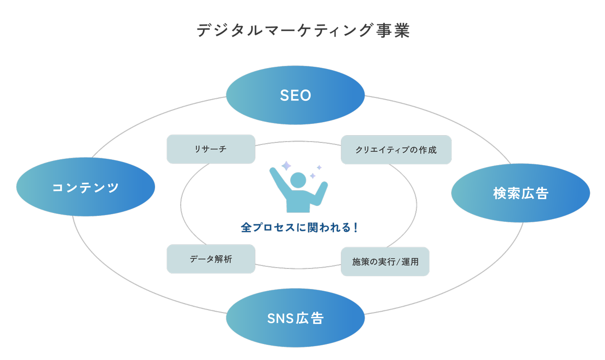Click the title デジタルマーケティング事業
(x=303, y=30)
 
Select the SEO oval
(x=295, y=95)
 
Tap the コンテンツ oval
(x=86, y=187)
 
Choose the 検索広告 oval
(x=521, y=193)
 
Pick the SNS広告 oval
(x=295, y=318)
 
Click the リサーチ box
(x=211, y=149)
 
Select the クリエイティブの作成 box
(x=396, y=150)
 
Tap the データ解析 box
(x=211, y=259)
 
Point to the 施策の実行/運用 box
(x=385, y=261)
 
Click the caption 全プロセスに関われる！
(x=299, y=227)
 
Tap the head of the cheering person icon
(x=298, y=180)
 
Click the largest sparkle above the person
(x=286, y=166)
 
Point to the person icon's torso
(x=298, y=202)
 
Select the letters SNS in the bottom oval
(x=280, y=318)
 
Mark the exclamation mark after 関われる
(x=355, y=227)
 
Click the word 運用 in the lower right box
(x=410, y=262)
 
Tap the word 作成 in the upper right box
(x=428, y=150)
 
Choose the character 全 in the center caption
(x=246, y=227)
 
